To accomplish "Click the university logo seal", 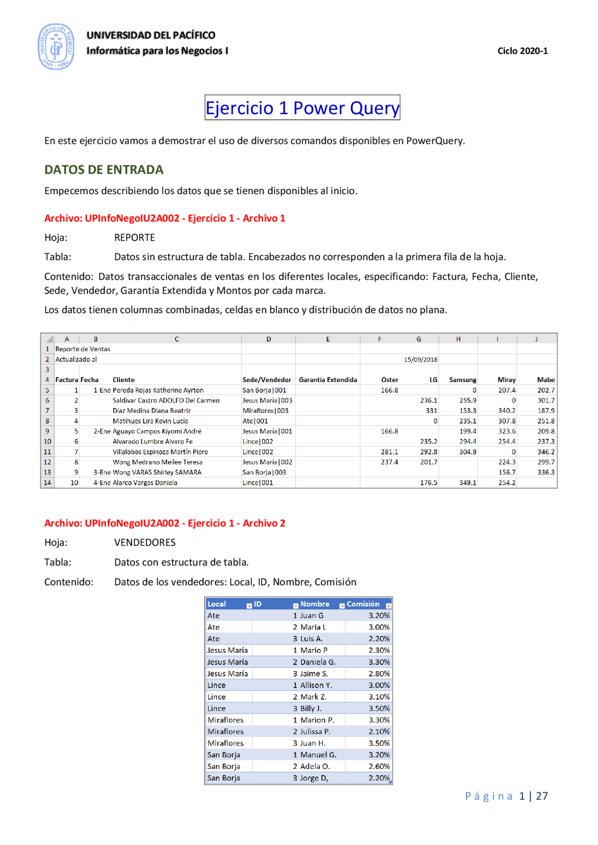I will pos(56,47).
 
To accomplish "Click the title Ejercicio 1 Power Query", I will pos(302,108).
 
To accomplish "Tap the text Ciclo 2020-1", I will pos(522,51).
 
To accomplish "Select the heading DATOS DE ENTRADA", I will pos(104,170).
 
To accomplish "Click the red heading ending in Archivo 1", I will pos(164,218).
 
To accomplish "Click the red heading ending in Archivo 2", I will pos(164,523).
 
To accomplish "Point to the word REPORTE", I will pos(135,237).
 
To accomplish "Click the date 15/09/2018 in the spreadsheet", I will pos(420,360).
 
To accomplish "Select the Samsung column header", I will pos(463,380).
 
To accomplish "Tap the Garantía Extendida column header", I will pos(327,380).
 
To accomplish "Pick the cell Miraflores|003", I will pos(265,411).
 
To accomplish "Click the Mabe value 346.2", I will pos(546,452).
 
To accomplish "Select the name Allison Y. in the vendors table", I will pos(316,685).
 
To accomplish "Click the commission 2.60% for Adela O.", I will pos(379,766).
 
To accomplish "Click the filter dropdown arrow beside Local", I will pos(249,605).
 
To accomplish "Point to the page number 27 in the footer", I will pos(541,796).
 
